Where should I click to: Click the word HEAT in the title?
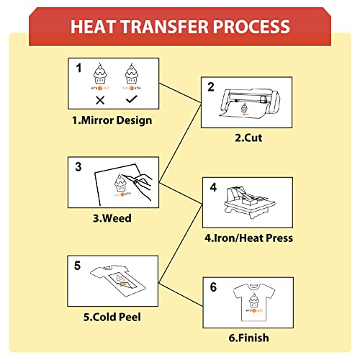coord(96,27)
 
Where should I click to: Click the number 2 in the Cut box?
coord(211,89)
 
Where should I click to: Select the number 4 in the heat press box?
coord(213,188)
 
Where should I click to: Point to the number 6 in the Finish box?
coord(213,287)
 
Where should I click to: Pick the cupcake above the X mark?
coord(100,74)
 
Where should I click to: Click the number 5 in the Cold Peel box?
coord(77,266)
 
